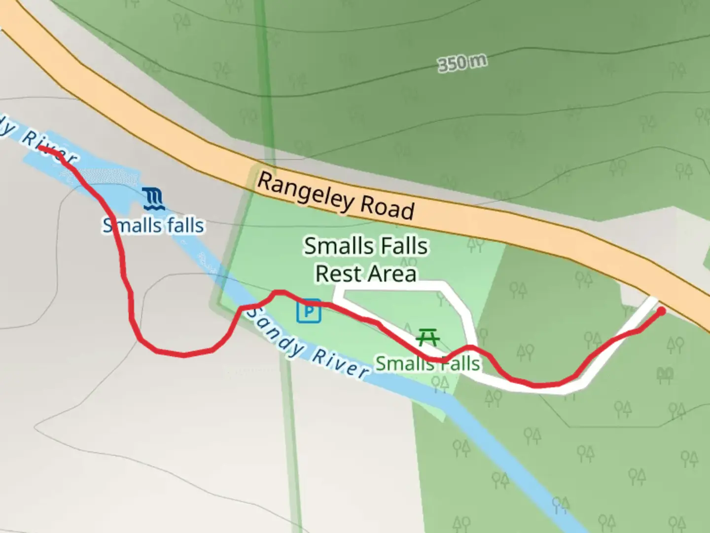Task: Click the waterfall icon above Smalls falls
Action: point(154,198)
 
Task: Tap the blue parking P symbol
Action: point(309,311)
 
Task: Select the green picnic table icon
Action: point(428,338)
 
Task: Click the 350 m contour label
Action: point(462,63)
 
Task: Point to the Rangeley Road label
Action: point(336,196)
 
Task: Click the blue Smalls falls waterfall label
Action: point(153,226)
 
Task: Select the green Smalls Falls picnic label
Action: point(428,364)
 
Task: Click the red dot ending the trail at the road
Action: point(661,311)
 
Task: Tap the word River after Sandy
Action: point(340,363)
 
